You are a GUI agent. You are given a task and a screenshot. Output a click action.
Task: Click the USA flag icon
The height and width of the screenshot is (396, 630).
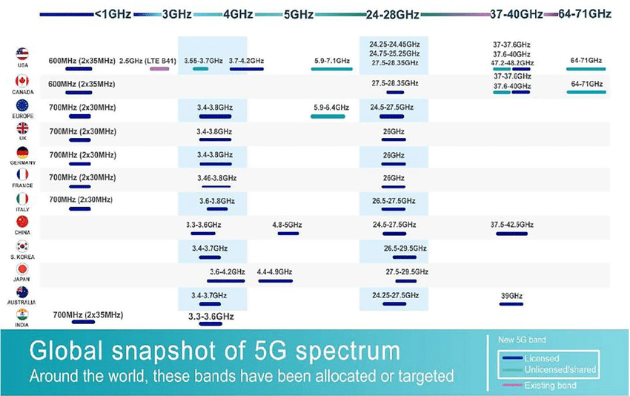(22, 53)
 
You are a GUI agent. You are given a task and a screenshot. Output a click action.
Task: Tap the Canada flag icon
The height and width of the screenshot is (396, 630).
(22, 80)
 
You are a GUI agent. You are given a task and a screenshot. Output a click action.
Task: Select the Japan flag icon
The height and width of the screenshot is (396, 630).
(22, 269)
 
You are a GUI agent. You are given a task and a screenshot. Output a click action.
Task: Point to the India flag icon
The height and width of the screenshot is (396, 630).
(22, 314)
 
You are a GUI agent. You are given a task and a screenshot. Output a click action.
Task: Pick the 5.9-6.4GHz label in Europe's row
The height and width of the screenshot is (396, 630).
(331, 108)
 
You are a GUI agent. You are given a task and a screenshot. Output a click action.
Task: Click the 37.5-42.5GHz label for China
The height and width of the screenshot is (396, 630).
(512, 225)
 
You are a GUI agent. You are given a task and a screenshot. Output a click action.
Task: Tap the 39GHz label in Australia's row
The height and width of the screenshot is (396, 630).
(511, 296)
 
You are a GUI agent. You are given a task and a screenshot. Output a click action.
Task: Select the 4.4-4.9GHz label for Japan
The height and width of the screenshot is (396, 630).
(275, 272)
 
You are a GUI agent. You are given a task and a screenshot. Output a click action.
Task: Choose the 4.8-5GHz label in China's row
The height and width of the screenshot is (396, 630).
(288, 225)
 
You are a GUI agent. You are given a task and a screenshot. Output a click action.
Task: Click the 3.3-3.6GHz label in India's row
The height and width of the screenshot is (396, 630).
(211, 317)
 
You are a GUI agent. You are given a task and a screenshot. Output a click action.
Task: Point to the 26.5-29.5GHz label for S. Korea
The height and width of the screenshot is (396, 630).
(405, 248)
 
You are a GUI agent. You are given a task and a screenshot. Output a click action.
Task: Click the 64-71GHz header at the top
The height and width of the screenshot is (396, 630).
(586, 13)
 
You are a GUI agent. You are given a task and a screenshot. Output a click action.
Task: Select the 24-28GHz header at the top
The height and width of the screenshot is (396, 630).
(392, 13)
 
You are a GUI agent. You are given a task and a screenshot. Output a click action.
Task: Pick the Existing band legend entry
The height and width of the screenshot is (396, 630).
(550, 385)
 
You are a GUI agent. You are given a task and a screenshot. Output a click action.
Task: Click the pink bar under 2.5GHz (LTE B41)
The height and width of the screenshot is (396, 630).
(159, 69)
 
